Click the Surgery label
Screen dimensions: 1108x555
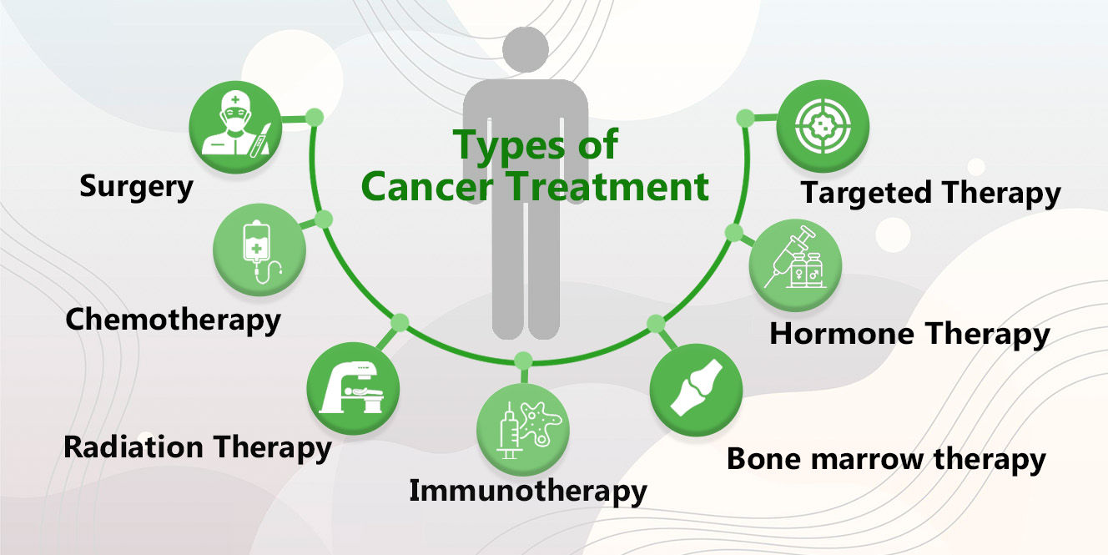[x=136, y=187]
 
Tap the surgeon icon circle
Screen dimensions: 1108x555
[x=235, y=127]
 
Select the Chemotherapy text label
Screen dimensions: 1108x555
[x=174, y=320]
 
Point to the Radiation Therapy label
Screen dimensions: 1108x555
[x=198, y=447]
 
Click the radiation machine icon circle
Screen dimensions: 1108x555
[x=353, y=389]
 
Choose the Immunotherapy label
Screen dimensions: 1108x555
[x=528, y=492]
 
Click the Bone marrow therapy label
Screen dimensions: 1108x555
[x=886, y=460]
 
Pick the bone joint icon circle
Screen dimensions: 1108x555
[x=697, y=390]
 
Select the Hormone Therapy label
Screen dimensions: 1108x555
[x=909, y=335]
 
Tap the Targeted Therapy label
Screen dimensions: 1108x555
[x=931, y=193]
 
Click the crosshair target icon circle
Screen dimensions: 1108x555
[x=823, y=126]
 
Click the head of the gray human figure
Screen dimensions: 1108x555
[x=526, y=49]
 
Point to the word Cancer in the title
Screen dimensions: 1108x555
[x=427, y=187]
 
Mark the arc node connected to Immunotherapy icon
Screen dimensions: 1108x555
[x=523, y=361]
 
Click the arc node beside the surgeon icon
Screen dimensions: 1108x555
[x=314, y=117]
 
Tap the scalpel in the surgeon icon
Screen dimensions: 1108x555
[x=260, y=140]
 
